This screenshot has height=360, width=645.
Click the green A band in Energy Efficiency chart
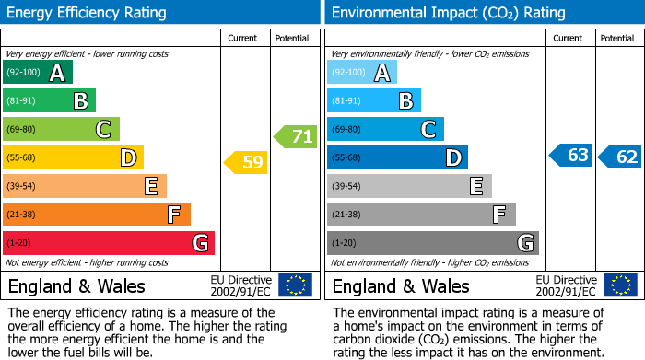tap(37, 73)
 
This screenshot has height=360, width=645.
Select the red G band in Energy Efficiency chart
tap(108, 243)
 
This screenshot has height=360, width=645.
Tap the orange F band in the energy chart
tap(96, 215)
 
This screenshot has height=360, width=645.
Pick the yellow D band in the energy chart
tap(73, 158)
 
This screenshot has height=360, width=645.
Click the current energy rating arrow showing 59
tap(246, 163)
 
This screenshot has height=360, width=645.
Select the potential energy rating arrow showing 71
tap(296, 137)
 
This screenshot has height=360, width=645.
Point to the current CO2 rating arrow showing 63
tap(571, 156)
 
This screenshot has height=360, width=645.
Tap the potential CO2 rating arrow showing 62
tap(620, 157)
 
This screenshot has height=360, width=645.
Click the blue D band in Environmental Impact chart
tap(397, 158)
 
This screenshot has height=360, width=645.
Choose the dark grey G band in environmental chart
tap(432, 243)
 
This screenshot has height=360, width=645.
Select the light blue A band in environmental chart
tap(362, 73)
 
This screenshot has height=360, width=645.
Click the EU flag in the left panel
tap(295, 285)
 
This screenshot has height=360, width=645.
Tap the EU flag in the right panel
tap(619, 285)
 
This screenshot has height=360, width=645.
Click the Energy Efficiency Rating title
tap(88, 13)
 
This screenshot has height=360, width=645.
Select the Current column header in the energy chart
tap(242, 38)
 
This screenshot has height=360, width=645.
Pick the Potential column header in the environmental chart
tap(616, 38)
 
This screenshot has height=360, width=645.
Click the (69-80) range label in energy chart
tap(22, 130)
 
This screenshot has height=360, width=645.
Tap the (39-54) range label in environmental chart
tap(346, 187)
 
